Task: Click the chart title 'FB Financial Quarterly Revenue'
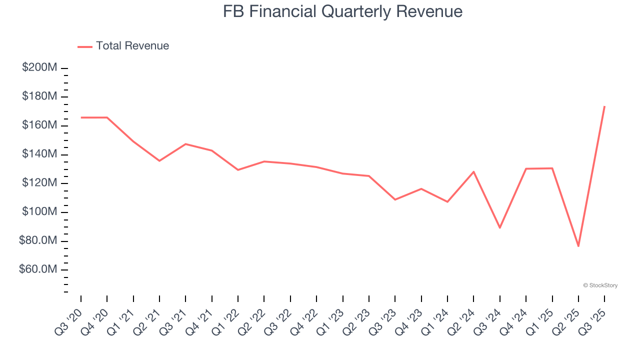342,11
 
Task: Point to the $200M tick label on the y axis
39,67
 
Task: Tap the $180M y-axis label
39,96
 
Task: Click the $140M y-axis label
39,154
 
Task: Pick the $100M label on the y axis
39,212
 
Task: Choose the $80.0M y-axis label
38,241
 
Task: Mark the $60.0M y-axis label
38,270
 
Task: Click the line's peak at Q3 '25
604,106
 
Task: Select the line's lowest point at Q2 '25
578,246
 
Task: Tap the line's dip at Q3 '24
500,227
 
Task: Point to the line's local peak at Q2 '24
473,171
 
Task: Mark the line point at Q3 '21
185,144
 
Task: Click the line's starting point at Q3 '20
81,117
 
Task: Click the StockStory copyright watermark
600,285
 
